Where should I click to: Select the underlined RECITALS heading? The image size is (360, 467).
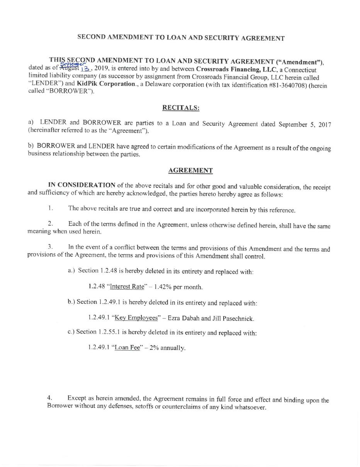pyautogui.click(x=180, y=107)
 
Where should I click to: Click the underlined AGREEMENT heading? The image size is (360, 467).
pyautogui.click(x=190, y=170)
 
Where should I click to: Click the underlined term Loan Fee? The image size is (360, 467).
pyautogui.click(x=127, y=348)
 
